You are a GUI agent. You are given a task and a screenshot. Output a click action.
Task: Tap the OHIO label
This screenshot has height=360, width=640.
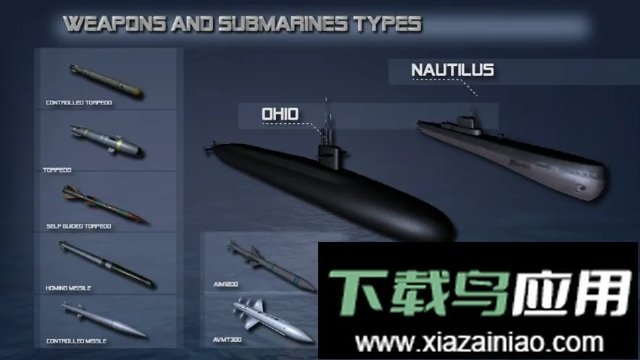tap(280, 114)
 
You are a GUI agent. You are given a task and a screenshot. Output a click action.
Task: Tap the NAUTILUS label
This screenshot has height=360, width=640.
tap(452, 70)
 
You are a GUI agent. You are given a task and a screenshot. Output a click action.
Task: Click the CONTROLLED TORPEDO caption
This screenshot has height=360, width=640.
tap(79, 103)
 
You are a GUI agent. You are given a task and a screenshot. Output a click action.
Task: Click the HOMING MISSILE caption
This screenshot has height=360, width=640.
tap(70, 288)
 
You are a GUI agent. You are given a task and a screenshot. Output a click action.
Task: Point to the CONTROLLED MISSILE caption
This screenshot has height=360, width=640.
tap(75, 340)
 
